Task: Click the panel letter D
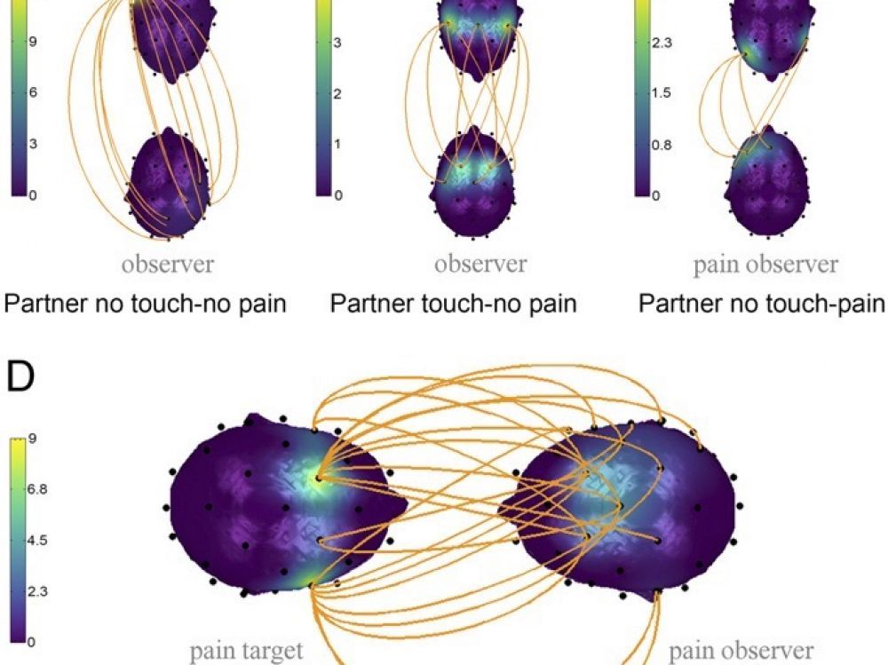click(x=20, y=376)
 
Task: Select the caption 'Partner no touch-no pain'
click(x=145, y=304)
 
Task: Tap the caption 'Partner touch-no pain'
click(x=453, y=304)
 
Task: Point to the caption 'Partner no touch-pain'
click(x=762, y=304)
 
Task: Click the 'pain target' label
click(x=246, y=651)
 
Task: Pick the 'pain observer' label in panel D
click(x=741, y=651)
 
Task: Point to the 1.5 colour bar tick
click(x=662, y=93)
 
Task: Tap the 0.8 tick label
click(x=662, y=145)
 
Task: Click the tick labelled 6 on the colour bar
click(x=32, y=92)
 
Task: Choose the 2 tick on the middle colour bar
click(x=337, y=94)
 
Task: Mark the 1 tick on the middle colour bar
click(x=337, y=145)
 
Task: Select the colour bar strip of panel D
click(x=18, y=541)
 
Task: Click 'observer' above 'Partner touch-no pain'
click(x=480, y=264)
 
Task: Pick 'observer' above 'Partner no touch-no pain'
click(x=168, y=264)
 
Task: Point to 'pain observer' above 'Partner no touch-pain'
click(x=765, y=265)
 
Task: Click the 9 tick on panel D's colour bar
click(x=31, y=439)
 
